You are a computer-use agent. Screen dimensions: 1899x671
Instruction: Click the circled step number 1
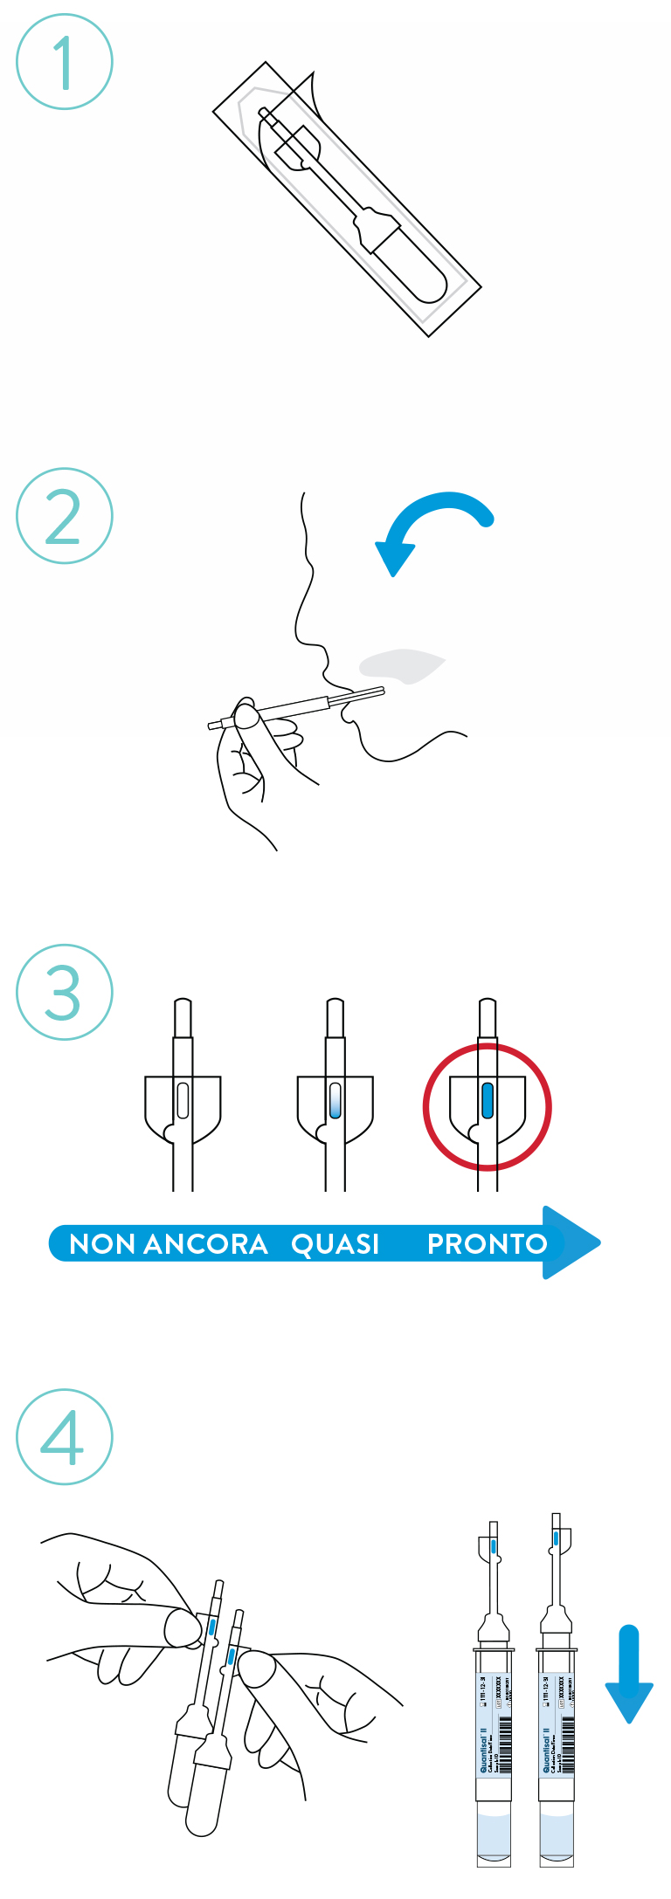click(64, 62)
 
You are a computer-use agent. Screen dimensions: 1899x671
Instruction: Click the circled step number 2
click(64, 516)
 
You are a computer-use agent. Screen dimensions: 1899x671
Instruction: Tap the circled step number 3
click(64, 992)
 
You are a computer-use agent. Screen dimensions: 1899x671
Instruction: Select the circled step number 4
click(64, 1437)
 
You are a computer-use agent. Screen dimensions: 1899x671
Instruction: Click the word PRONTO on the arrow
click(487, 1244)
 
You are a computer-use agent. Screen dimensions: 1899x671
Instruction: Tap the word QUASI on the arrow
click(335, 1244)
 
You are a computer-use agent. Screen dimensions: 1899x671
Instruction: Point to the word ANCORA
click(205, 1244)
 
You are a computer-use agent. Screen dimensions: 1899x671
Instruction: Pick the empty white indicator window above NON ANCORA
click(183, 1100)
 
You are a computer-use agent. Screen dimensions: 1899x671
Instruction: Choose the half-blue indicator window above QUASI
click(335, 1100)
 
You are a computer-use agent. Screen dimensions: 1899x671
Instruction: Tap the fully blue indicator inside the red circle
click(488, 1100)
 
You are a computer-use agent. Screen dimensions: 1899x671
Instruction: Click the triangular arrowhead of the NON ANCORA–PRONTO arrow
click(570, 1242)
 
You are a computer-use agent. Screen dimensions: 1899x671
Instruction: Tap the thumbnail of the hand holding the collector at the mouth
click(247, 718)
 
